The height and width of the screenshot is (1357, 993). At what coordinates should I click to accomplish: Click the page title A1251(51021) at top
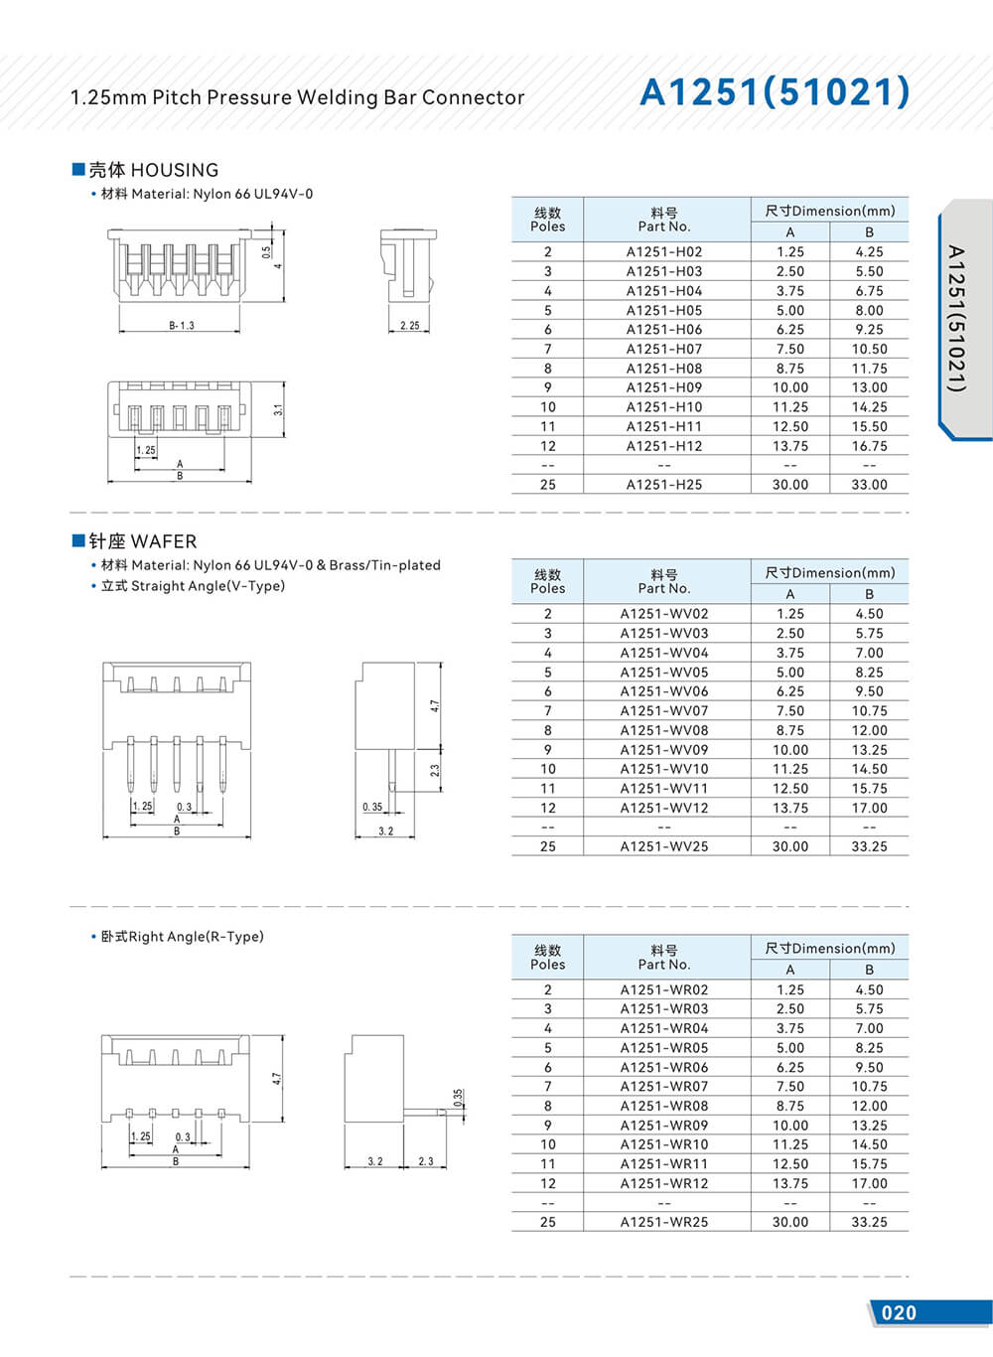(775, 92)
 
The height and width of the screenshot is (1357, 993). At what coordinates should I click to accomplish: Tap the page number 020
(899, 1312)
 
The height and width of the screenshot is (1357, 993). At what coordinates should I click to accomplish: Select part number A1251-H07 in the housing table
(663, 349)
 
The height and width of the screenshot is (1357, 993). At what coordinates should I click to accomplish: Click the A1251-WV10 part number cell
(663, 769)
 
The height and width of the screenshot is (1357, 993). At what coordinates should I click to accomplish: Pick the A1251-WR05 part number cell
(663, 1048)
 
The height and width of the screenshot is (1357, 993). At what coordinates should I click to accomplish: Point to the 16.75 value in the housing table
(869, 446)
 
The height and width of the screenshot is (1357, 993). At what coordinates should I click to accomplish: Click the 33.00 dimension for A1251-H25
(869, 485)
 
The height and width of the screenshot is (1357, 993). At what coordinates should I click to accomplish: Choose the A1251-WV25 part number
(663, 846)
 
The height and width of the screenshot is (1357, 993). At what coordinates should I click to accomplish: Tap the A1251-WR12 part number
(663, 1183)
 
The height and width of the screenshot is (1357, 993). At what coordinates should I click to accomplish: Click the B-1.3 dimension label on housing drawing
(181, 326)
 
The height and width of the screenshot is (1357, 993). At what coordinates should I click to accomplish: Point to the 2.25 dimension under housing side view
(409, 326)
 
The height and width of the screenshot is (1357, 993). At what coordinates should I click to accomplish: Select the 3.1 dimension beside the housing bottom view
(279, 408)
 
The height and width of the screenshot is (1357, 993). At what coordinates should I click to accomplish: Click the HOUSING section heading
(153, 170)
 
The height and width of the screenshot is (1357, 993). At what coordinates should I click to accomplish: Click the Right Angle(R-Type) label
(182, 937)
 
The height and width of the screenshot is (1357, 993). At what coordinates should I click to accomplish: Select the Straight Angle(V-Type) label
(193, 586)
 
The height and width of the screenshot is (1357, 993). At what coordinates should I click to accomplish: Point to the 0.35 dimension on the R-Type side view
(458, 1098)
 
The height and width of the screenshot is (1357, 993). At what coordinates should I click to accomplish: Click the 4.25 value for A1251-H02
(869, 252)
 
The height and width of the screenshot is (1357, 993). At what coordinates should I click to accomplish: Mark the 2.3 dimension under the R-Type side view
(426, 1161)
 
